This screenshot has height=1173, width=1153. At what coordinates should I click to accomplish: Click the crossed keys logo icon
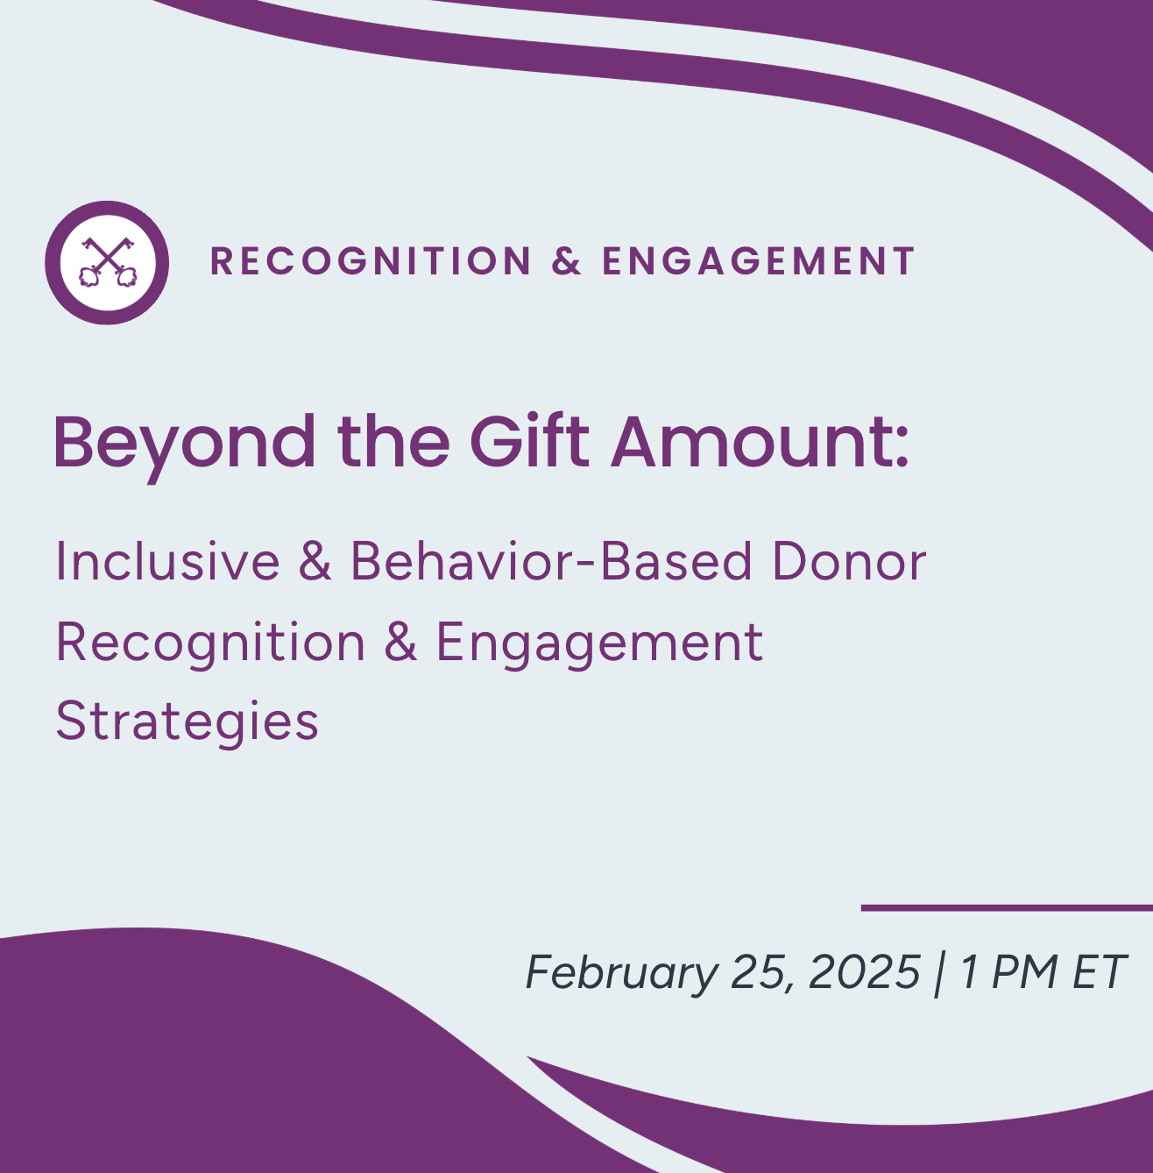point(107,262)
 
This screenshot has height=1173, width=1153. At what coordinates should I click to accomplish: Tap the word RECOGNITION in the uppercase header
point(371,261)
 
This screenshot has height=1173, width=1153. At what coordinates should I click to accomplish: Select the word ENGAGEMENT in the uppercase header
point(759,261)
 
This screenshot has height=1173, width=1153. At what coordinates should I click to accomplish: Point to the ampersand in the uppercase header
point(567,261)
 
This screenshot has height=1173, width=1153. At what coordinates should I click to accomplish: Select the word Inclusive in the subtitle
point(167,561)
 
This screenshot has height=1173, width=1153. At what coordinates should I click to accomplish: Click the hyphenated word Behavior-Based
point(551,561)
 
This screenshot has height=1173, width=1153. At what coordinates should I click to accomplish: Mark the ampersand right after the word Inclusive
point(315,561)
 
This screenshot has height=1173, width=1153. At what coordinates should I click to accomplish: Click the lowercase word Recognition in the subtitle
point(210,643)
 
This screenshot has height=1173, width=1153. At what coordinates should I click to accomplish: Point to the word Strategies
point(187,722)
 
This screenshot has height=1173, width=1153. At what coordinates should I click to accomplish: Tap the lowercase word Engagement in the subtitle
point(599,643)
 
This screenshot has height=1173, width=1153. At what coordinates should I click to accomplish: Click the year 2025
point(864,972)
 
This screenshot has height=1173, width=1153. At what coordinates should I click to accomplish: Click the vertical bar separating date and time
point(939,973)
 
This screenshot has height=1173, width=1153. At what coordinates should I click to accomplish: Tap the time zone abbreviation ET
point(1099,972)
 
